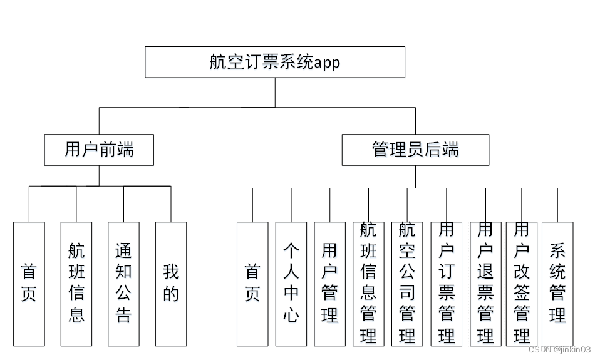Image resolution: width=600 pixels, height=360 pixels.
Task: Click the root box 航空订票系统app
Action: click(275, 62)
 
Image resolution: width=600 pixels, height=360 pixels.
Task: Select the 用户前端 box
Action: click(99, 150)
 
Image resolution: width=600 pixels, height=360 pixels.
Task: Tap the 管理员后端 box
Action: click(415, 150)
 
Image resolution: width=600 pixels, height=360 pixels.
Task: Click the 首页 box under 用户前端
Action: click(29, 284)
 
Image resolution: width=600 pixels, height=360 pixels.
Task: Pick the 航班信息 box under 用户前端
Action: click(76, 284)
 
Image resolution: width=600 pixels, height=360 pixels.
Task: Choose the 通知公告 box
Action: click(123, 284)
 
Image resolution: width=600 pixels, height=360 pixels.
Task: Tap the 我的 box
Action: click(171, 284)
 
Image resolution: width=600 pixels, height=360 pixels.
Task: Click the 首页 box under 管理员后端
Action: click(252, 284)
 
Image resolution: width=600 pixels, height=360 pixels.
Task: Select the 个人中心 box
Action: click(291, 284)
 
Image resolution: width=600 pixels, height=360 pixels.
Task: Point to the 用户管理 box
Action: click(329, 284)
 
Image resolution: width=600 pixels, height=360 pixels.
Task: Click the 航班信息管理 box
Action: click(368, 284)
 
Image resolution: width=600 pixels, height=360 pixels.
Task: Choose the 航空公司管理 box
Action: click(407, 284)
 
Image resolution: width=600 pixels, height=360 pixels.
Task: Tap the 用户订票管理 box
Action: click(447, 284)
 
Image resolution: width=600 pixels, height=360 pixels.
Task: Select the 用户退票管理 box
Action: click(485, 284)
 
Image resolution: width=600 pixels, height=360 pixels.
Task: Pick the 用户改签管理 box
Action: click(522, 284)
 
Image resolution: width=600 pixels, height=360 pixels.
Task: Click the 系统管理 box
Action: click(557, 284)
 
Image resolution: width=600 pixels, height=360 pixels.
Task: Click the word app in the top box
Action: click(326, 63)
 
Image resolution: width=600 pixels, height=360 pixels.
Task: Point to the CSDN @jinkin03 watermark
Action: click(559, 349)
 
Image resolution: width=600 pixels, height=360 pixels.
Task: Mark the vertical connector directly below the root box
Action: click(275, 92)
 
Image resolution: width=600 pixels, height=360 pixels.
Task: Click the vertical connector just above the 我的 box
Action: click(171, 203)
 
